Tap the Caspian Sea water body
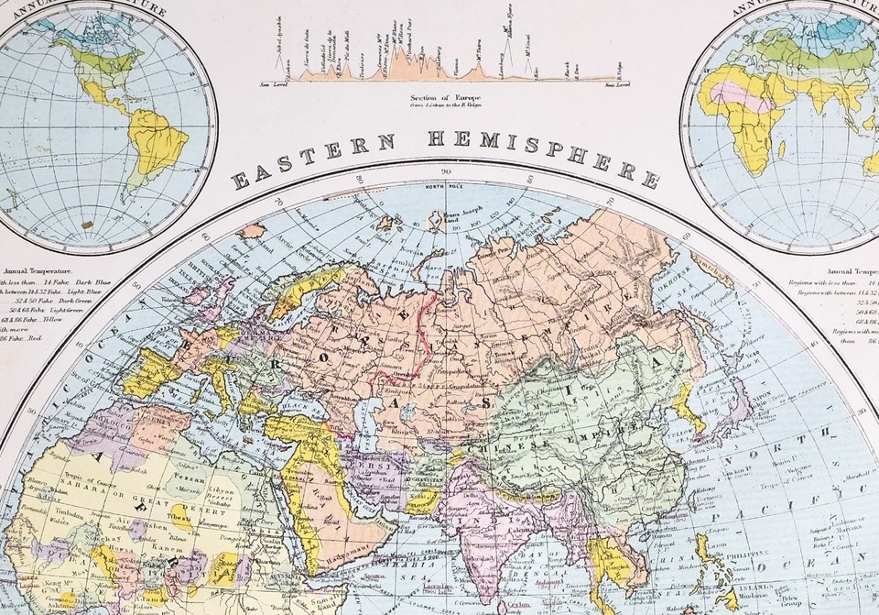[372, 411]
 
